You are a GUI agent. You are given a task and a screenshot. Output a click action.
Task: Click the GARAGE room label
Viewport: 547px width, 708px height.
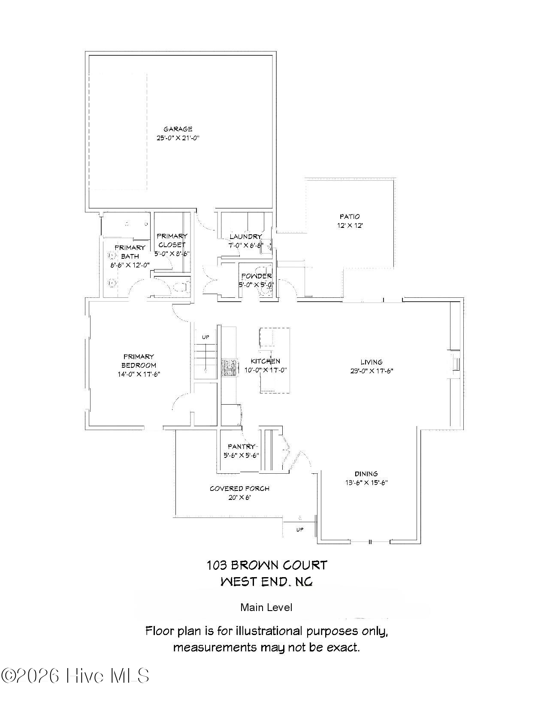(x=178, y=129)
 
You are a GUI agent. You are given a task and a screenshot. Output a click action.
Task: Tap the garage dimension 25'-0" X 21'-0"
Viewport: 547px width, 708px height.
(x=178, y=138)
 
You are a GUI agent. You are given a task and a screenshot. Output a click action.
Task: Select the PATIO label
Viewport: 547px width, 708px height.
(x=350, y=217)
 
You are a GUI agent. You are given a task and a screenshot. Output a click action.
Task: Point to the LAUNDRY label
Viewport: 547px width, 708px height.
(x=245, y=236)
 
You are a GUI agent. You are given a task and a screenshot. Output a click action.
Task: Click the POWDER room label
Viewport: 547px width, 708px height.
(x=256, y=276)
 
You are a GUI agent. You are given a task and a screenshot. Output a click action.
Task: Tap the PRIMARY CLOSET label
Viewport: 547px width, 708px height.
(x=172, y=240)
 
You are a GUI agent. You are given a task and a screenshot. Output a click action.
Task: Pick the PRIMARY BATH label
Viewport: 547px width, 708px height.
(x=130, y=252)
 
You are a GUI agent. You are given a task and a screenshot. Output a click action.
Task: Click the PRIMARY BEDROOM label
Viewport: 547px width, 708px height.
(x=139, y=361)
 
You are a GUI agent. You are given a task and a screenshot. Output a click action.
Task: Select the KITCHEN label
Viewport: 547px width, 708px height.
(x=265, y=361)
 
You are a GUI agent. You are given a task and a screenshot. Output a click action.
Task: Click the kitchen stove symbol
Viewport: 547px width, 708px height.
(x=229, y=368)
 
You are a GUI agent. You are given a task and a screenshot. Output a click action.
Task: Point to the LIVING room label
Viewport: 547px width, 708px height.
(x=371, y=362)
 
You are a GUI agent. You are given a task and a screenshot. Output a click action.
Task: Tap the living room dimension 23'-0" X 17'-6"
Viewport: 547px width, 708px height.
(x=372, y=371)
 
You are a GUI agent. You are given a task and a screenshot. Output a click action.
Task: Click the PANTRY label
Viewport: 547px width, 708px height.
(x=242, y=447)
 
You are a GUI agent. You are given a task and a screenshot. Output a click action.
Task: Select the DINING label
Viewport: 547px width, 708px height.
(x=366, y=474)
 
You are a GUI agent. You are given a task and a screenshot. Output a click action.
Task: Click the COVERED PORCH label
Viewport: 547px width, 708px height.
(x=239, y=488)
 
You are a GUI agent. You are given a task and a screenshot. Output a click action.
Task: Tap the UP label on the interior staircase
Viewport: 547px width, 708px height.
(x=206, y=337)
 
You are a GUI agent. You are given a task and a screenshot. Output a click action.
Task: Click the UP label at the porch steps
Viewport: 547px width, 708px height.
(x=299, y=529)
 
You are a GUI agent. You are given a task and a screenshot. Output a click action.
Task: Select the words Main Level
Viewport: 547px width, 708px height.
(x=266, y=607)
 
